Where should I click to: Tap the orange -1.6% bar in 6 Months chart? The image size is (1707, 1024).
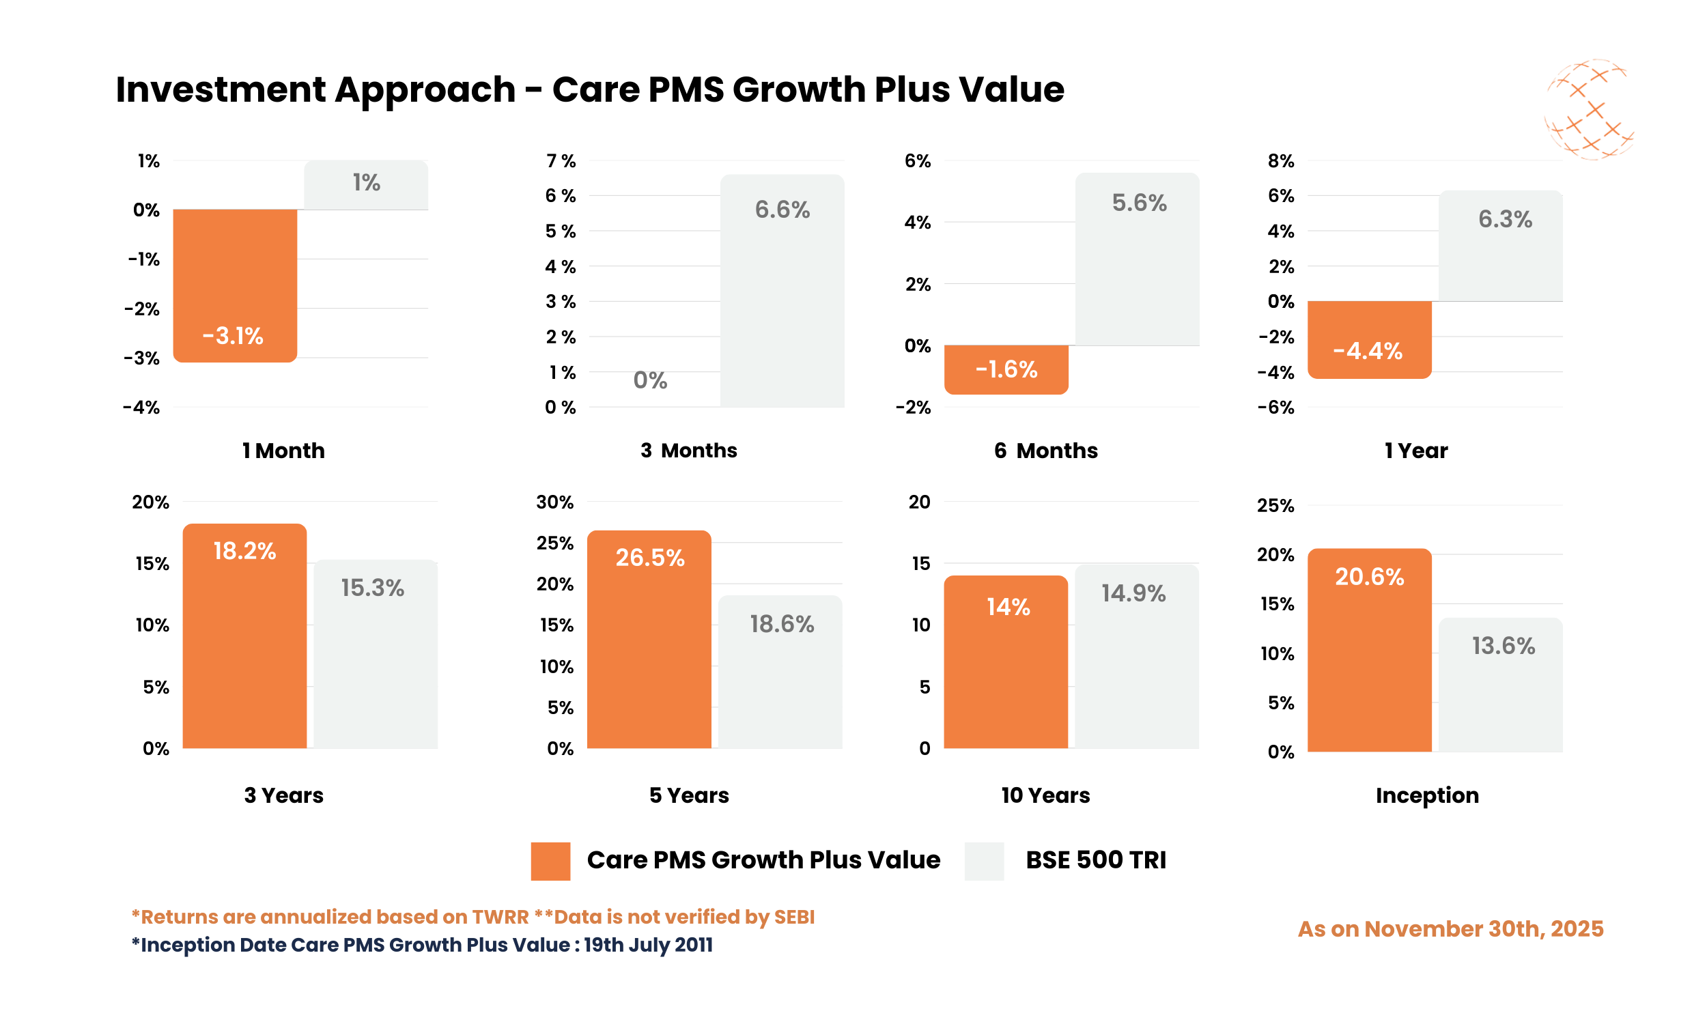pos(1006,369)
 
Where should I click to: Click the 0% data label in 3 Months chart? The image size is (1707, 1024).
pos(650,380)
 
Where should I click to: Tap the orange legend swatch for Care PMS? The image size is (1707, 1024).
pos(550,860)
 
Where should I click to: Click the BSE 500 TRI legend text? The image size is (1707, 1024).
pos(1095,859)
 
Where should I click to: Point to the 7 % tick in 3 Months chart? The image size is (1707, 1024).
pos(561,161)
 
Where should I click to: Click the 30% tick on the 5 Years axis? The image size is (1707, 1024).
pos(554,502)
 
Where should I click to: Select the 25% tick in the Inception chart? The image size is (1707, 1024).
pos(1275,505)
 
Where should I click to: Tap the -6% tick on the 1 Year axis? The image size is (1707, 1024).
pos(1275,407)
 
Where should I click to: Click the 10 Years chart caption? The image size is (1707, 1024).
pos(1045,795)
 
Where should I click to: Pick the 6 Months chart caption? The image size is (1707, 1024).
pos(1045,451)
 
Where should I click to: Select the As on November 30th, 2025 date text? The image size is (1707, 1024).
pos(1450,929)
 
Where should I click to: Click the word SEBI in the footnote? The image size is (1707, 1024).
pos(794,917)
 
